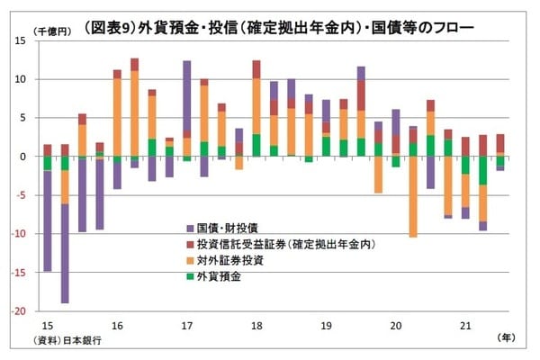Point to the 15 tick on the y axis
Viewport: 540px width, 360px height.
click(21, 41)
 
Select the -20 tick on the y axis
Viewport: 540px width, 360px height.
click(19, 311)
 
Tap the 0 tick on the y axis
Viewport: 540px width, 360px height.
click(23, 157)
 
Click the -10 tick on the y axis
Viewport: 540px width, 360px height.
click(19, 234)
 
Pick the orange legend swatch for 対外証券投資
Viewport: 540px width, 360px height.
click(190, 260)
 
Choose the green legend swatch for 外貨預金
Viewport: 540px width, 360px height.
click(190, 275)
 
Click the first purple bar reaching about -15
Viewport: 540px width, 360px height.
click(48, 220)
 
